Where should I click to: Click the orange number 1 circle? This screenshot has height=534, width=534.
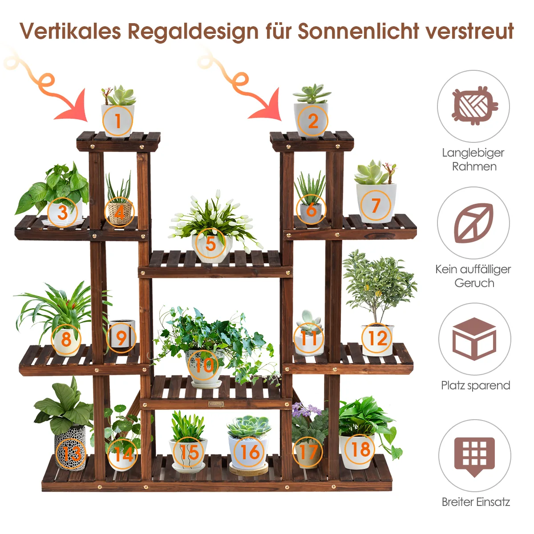point(118,120)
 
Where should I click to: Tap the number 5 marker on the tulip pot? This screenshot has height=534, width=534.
point(210,243)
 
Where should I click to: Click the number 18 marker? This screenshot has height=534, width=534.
point(360,449)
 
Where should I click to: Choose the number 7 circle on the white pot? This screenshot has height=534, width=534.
point(376,206)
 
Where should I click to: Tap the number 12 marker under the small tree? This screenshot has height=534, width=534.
point(378,339)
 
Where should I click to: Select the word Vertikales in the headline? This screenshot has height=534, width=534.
point(70,31)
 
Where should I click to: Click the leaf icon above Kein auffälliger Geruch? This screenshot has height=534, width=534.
point(473,222)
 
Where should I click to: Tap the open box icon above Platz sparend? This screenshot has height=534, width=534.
point(474,339)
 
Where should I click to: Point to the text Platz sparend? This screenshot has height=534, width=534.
point(475,385)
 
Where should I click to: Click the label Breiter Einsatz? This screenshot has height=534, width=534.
point(475,502)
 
